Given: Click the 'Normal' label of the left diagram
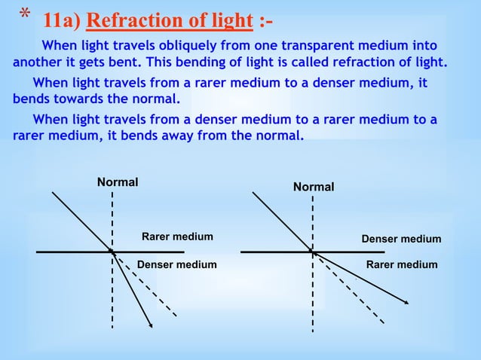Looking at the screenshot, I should [117, 182].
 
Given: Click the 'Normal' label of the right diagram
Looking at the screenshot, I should [314, 186].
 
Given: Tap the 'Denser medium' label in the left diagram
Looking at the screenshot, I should [176, 264].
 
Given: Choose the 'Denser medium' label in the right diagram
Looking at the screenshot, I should [401, 239].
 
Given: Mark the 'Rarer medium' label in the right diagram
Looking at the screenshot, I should [401, 264].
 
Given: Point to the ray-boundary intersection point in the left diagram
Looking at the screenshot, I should [112, 251].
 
